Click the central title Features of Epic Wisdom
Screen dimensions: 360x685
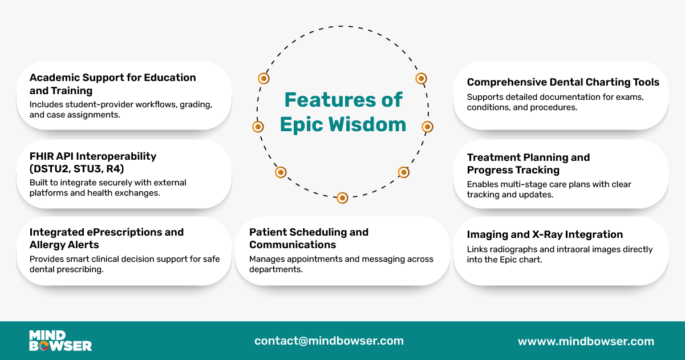343,112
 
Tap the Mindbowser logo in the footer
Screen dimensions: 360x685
60,341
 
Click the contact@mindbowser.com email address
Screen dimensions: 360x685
329,341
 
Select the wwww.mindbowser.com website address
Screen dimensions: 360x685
586,341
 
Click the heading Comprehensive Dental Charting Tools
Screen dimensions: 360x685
563,82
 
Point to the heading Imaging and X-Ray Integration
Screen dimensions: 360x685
545,234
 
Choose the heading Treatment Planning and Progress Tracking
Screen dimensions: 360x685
528,163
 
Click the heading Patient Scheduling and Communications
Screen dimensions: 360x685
309,238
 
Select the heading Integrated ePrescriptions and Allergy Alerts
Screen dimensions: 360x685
107,238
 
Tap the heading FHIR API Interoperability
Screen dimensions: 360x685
93,156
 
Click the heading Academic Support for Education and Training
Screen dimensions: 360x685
112,84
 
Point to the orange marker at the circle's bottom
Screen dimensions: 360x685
342,198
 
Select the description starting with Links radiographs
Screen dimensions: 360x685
560,254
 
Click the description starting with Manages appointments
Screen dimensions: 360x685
341,264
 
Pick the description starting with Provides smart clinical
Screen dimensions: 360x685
124,264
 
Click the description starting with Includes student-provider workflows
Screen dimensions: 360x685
121,110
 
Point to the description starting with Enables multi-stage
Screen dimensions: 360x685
549,189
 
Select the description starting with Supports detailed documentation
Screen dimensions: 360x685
555,102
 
